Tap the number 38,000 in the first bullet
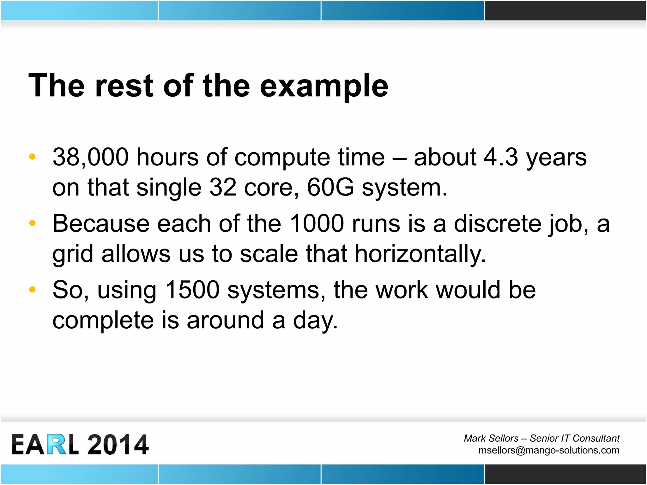[x=91, y=157]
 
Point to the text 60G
[x=330, y=187]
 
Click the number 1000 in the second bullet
[x=317, y=224]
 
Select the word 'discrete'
[x=498, y=224]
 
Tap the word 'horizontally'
[x=420, y=254]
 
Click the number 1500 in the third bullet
[x=192, y=290]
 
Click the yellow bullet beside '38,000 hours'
[x=32, y=157]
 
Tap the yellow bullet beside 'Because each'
[x=32, y=223]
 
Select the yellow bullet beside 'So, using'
[x=32, y=290]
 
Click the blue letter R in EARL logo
[x=57, y=445]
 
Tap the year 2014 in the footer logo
[x=118, y=445]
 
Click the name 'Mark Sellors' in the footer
[x=491, y=438]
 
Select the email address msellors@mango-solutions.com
[x=549, y=450]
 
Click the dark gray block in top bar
[x=565, y=10]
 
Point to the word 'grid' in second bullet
[x=73, y=254]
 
